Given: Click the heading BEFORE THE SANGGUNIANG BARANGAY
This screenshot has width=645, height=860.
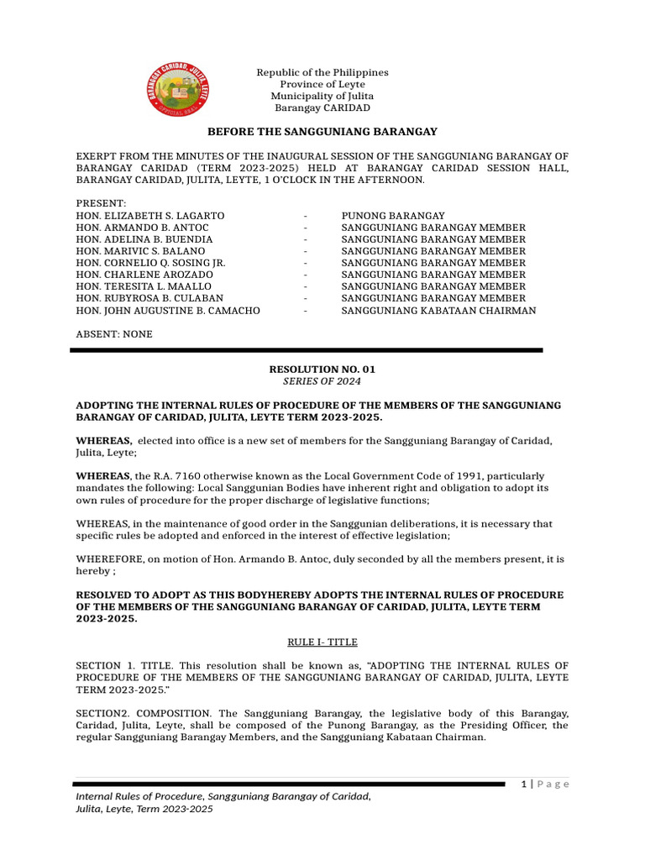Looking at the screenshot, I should click(322, 133).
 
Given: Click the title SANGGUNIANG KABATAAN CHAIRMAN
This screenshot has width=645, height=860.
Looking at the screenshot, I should click(438, 310).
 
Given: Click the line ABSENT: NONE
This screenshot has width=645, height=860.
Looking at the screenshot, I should click(114, 333).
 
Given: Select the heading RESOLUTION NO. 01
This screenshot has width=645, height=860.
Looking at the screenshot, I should click(317, 369).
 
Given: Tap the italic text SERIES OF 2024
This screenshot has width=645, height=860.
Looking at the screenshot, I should click(317, 380).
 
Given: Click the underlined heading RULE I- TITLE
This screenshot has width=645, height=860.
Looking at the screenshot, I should click(322, 642).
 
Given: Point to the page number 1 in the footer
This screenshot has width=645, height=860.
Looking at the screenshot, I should click(523, 784).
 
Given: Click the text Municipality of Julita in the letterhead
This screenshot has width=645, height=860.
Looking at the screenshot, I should click(322, 97).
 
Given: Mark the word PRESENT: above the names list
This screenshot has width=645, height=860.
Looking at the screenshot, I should click(102, 204).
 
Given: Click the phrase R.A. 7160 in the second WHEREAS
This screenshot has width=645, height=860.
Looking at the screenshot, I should click(177, 475).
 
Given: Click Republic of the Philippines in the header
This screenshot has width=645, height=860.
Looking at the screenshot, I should click(322, 73).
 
